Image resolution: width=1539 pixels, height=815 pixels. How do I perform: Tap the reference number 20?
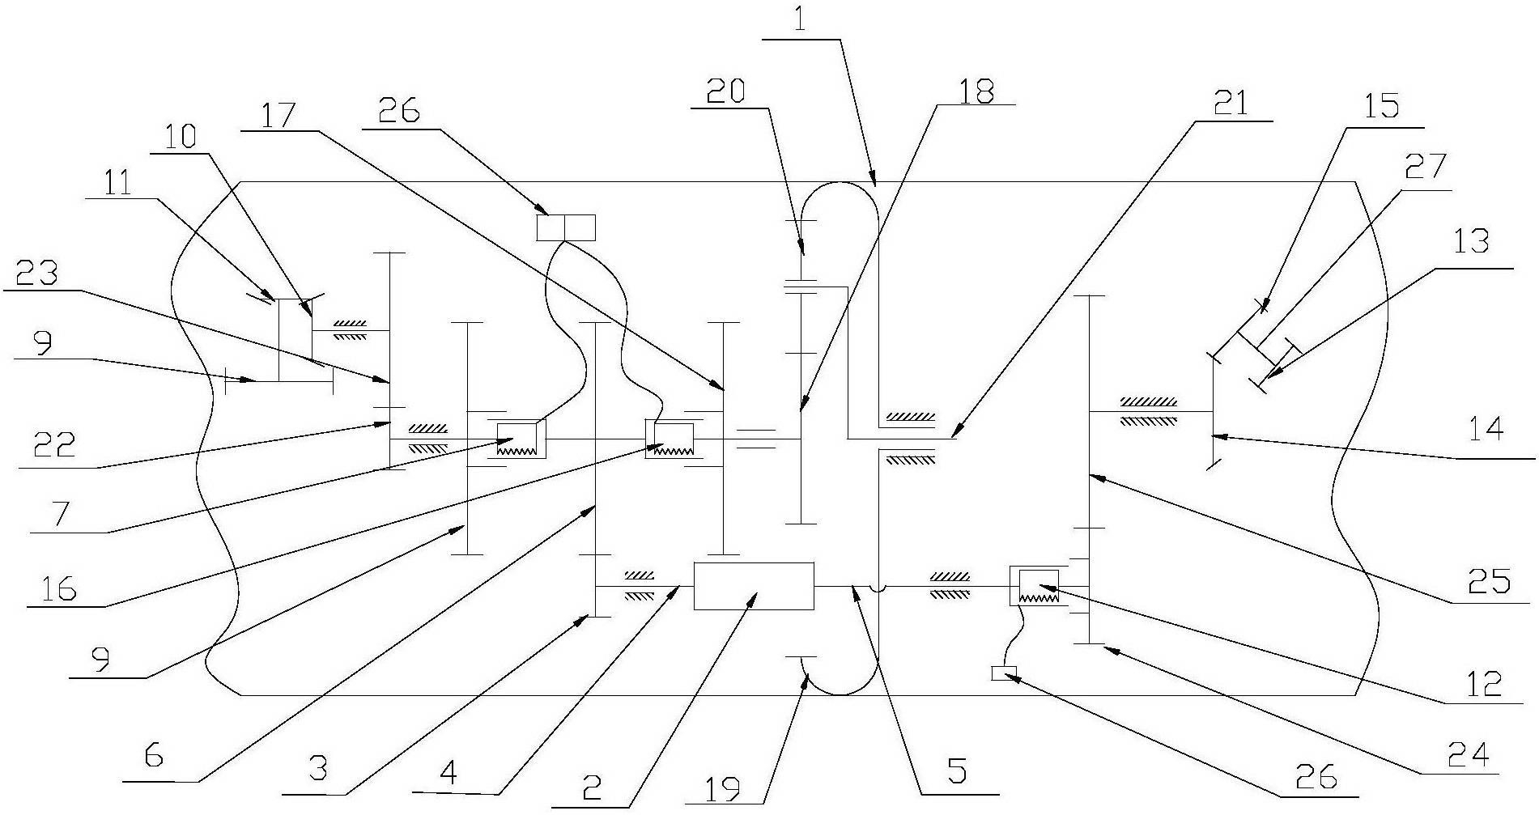tap(726, 90)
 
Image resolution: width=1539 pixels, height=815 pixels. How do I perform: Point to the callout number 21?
tap(1232, 103)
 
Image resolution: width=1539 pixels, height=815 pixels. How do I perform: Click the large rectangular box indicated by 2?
tap(754, 585)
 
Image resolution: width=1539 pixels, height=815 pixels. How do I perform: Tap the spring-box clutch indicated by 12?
tap(1037, 586)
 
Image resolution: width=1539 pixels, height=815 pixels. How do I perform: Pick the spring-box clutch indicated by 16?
tap(669, 439)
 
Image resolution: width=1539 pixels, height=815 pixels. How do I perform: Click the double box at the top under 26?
tap(566, 227)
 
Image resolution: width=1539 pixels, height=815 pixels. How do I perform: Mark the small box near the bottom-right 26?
tap(1003, 672)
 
